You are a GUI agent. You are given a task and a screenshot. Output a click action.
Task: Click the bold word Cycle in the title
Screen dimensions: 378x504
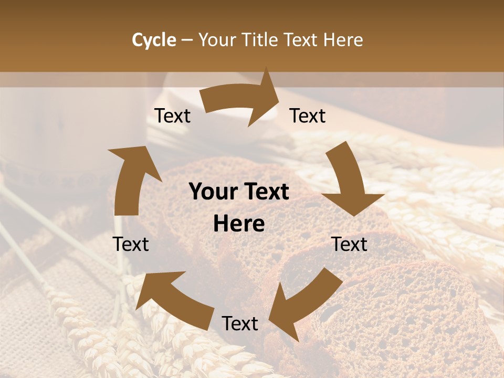point(154,40)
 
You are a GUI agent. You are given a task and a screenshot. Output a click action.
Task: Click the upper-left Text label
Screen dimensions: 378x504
point(172,116)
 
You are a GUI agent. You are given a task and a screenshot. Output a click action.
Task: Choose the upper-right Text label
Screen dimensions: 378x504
point(308,116)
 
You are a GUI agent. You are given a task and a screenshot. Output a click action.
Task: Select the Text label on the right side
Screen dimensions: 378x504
point(350,244)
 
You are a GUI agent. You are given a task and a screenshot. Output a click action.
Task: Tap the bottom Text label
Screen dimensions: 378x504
point(240,324)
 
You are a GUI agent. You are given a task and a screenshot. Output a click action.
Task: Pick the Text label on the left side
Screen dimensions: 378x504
point(131,244)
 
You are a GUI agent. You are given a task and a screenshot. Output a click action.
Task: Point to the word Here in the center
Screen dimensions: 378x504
point(239,224)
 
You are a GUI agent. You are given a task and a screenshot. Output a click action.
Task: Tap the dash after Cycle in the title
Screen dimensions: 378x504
point(187,40)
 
